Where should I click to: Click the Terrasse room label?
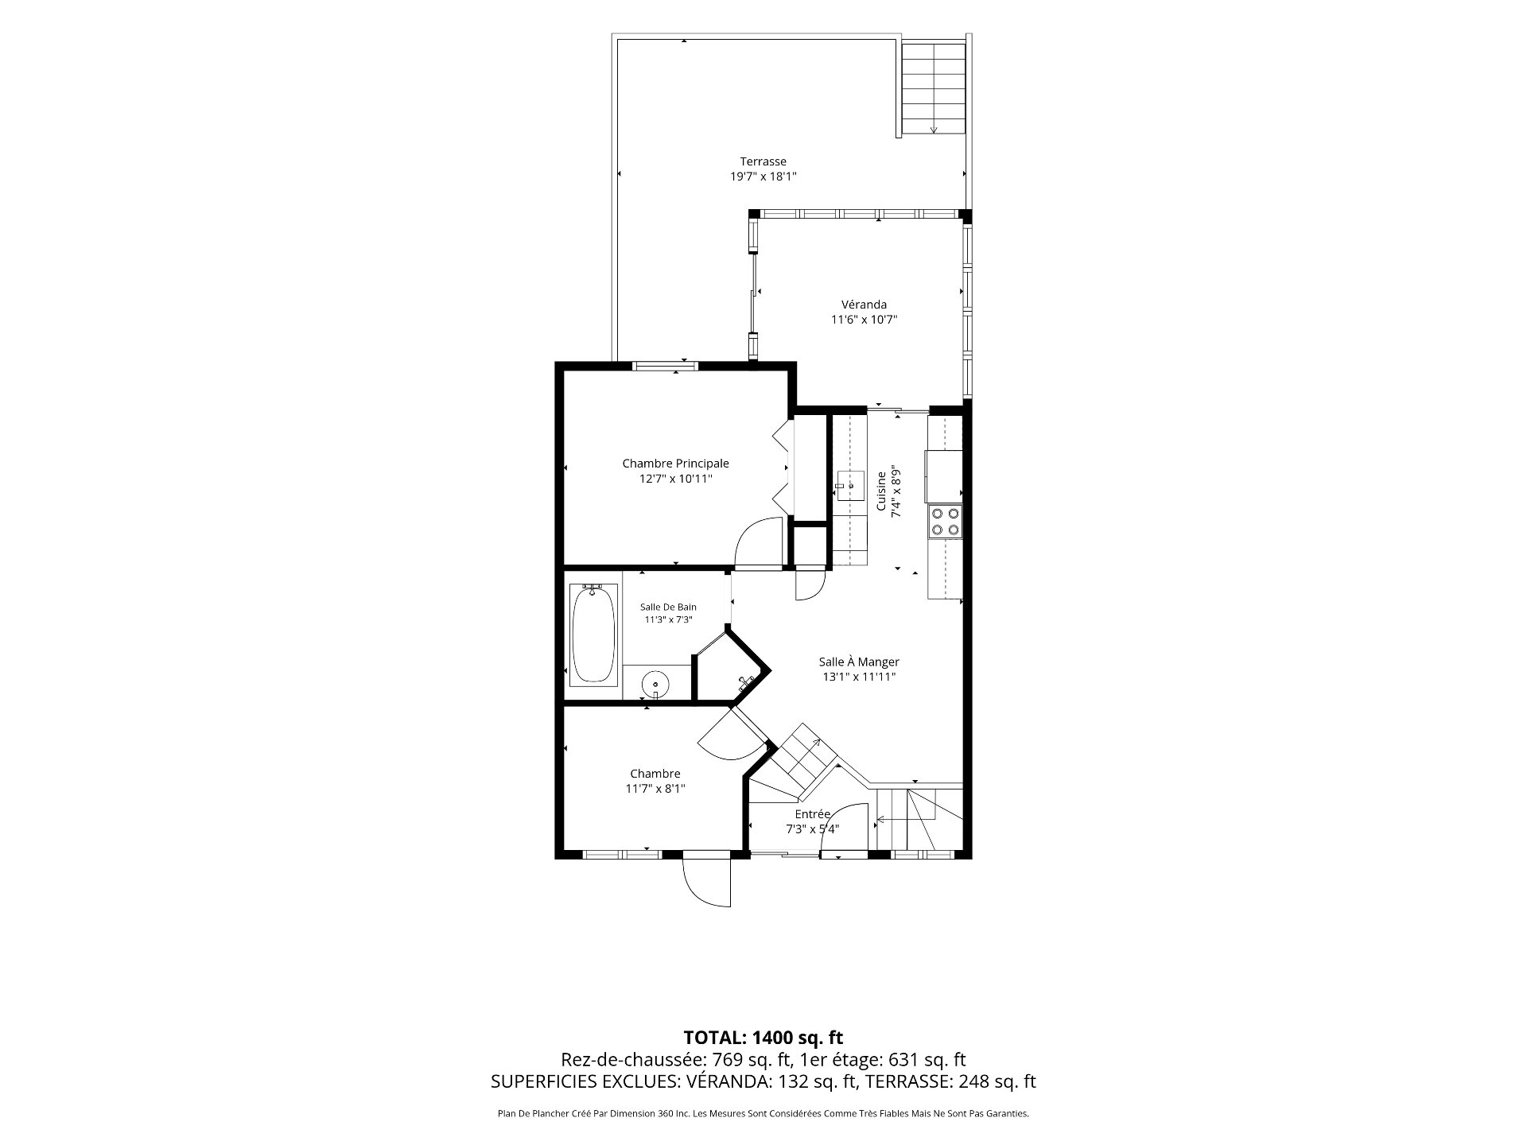click(x=763, y=161)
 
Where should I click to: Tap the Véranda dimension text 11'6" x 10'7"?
click(x=864, y=320)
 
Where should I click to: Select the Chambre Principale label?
click(x=675, y=464)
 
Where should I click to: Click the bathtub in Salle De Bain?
click(x=594, y=633)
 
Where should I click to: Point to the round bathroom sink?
click(x=655, y=683)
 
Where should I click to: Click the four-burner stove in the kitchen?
click(x=944, y=522)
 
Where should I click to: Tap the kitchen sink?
click(x=849, y=484)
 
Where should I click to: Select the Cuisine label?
click(x=881, y=492)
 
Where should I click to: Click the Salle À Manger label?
click(x=859, y=662)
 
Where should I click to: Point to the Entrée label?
click(x=812, y=814)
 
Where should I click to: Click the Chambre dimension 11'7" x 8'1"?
click(x=655, y=789)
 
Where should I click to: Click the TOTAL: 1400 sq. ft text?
click(x=763, y=1037)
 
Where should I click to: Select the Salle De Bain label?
click(x=668, y=607)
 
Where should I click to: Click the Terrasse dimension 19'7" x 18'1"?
click(x=763, y=177)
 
